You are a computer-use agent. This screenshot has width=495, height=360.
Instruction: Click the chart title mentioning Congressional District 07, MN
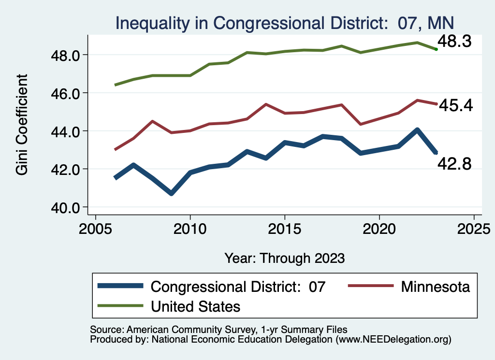point(284,23)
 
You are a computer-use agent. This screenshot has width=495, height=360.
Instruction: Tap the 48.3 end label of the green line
point(457,42)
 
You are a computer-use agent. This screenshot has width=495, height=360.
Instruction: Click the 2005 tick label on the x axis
point(95,228)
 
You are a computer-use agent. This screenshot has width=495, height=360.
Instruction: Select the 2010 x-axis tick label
point(190,228)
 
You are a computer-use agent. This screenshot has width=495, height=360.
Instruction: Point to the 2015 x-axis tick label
point(285,228)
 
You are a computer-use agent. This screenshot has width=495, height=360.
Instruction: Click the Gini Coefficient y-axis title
point(22,125)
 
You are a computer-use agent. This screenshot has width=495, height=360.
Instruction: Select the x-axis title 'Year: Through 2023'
point(285,258)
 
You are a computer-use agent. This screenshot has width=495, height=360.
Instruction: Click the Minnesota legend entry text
point(435,287)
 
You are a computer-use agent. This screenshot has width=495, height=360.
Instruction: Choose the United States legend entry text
point(196,306)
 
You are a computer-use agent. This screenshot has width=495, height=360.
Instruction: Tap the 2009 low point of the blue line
point(171,193)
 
